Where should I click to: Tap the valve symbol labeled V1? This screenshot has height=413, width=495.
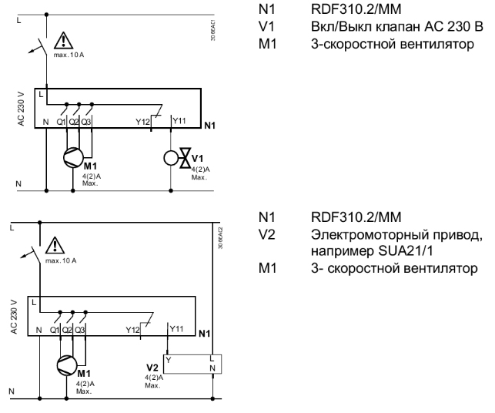click(x=185, y=160)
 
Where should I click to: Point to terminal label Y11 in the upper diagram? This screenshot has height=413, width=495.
click(x=178, y=121)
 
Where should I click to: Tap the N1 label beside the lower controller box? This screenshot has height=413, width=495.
click(x=204, y=333)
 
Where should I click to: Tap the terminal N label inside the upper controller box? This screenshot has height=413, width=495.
click(x=46, y=122)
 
